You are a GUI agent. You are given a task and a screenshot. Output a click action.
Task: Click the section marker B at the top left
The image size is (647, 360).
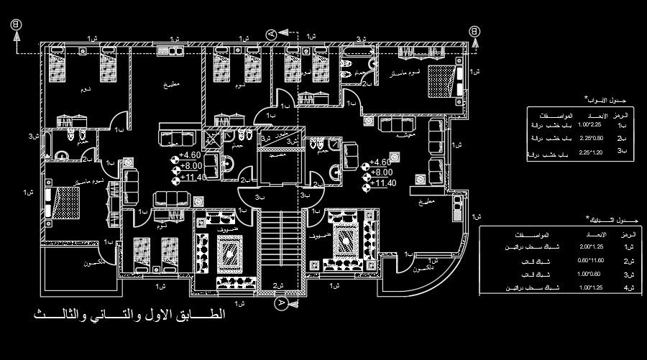[x=14, y=25]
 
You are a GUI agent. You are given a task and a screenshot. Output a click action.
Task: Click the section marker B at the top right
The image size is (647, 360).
[x=474, y=31]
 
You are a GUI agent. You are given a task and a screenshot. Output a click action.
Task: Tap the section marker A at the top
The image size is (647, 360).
[x=271, y=34]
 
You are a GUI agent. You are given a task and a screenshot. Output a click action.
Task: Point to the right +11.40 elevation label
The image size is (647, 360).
[x=382, y=183]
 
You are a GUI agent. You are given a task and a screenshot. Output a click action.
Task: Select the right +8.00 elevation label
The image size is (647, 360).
[x=381, y=172]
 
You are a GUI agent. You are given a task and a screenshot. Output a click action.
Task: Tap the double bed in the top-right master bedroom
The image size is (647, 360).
[x=440, y=80]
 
